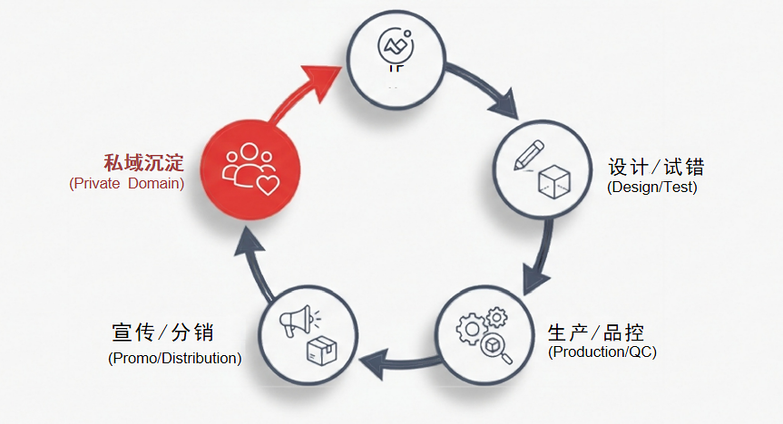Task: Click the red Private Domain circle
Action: (248, 166)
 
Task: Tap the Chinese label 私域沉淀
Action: (143, 163)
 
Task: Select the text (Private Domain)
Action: (126, 184)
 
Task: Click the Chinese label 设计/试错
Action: (655, 168)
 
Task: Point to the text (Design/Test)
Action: (651, 188)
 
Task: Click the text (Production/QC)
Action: (602, 352)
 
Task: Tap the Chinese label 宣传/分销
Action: (163, 332)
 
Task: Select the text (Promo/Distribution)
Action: (174, 358)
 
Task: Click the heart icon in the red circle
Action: (267, 187)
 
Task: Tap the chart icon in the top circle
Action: (396, 45)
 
